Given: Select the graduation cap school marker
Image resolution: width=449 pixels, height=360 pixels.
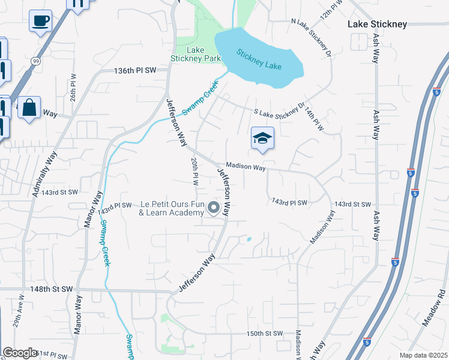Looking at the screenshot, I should (x=262, y=139).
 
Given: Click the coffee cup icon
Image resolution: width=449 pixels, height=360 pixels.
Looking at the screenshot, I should (x=40, y=21).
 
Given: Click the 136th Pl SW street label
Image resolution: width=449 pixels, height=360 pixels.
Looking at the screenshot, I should (x=135, y=71).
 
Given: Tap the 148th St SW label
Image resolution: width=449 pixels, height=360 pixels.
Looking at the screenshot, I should (x=52, y=289).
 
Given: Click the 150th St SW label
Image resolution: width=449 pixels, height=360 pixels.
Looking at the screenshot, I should (x=265, y=333).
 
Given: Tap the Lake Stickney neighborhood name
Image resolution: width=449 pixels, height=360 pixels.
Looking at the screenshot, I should (x=378, y=25).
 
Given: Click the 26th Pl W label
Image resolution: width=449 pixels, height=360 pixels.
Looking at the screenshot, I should (x=73, y=87).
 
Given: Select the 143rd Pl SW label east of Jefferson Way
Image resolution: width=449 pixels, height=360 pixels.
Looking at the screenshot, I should (x=289, y=202).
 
